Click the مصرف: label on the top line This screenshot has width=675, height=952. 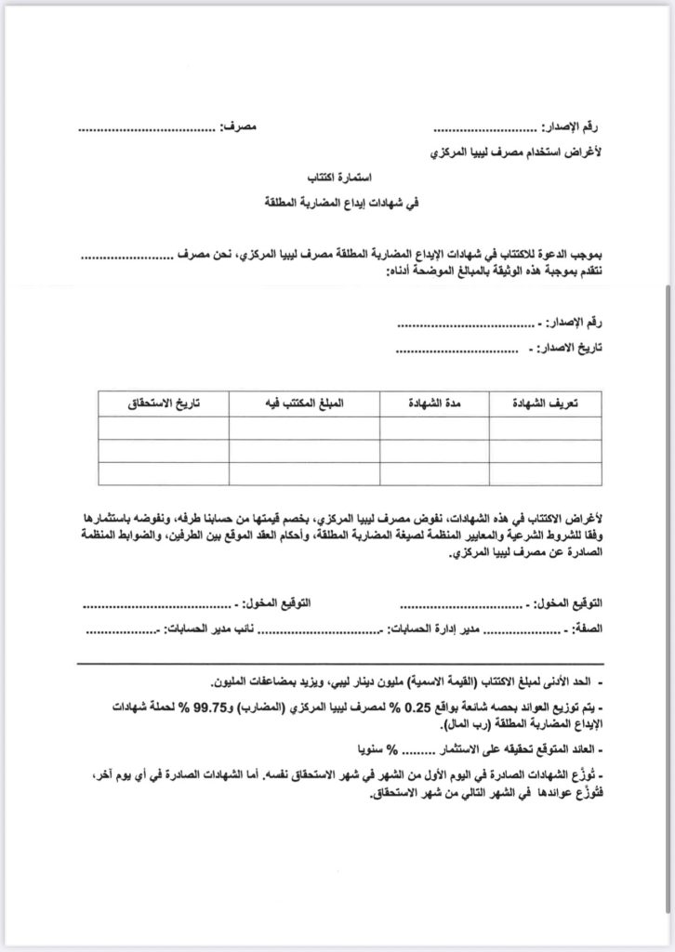coord(239,126)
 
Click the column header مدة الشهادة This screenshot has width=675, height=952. coord(436,403)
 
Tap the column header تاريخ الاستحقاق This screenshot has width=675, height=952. coord(163,403)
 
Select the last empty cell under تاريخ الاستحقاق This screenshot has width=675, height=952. coord(163,472)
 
